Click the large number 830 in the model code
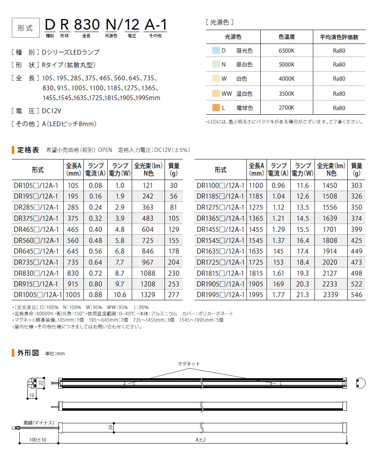(87, 25)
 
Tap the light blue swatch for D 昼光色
(215, 51)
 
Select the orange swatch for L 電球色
(215, 108)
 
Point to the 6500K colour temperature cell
(286, 51)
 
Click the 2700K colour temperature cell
(286, 108)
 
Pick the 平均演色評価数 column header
(339, 37)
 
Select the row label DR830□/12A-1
(36, 273)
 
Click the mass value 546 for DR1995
(356, 295)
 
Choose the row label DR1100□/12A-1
(220, 186)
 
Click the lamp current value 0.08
(95, 186)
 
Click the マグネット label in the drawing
(189, 364)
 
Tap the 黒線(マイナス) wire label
(38, 423)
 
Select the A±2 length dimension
(202, 440)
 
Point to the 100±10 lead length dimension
(38, 440)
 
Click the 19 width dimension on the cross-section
(31, 395)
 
